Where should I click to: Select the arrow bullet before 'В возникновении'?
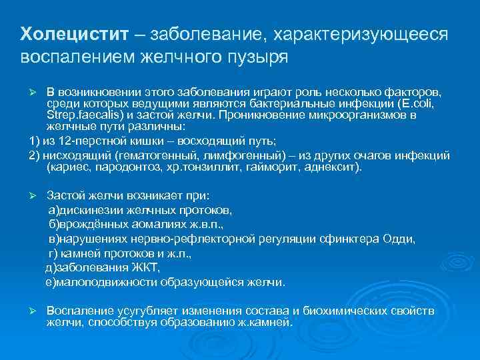point(37,91)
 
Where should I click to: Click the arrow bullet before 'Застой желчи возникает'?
point(37,196)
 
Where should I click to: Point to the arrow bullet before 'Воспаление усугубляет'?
point(37,311)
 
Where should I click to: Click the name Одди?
point(401,239)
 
